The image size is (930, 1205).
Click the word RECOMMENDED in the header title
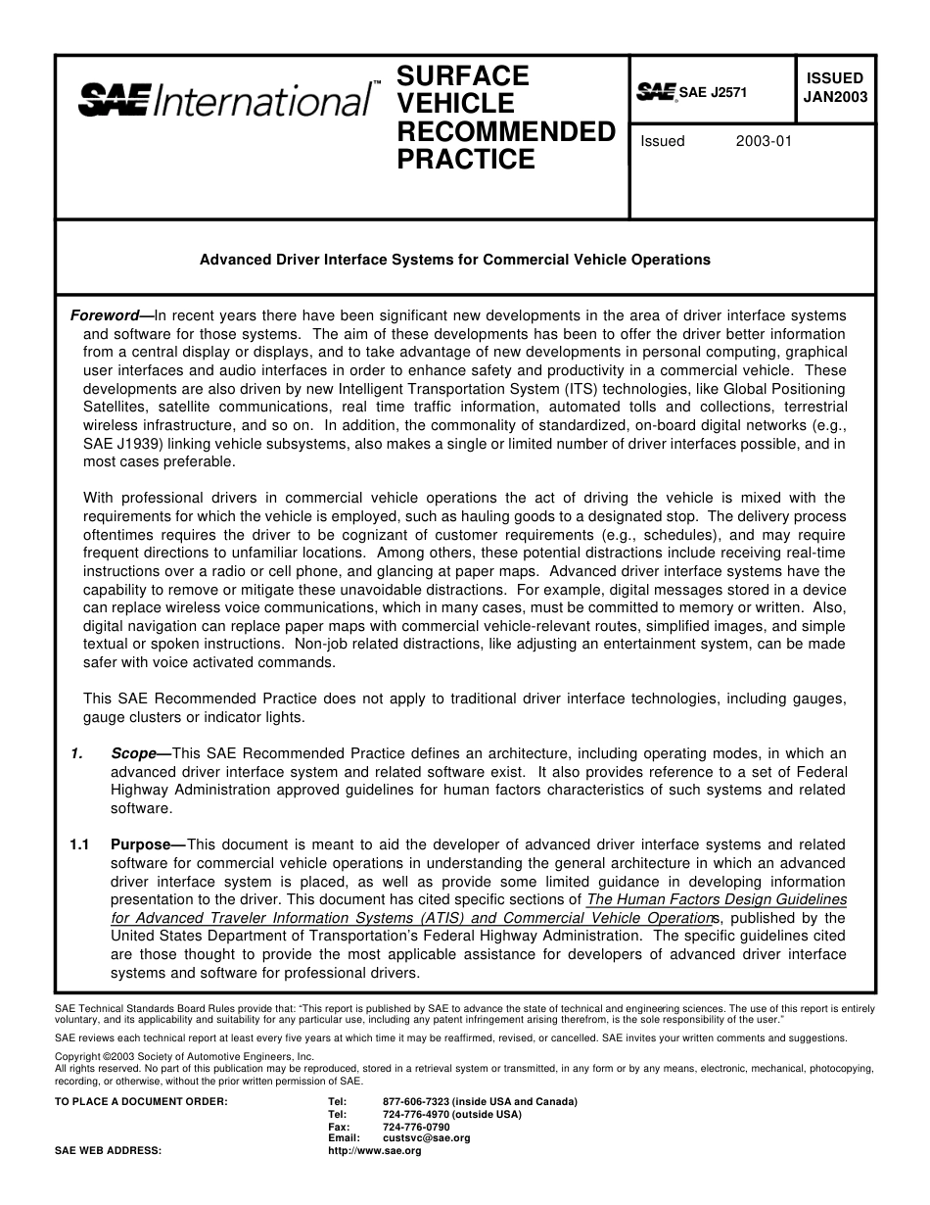pos(505,131)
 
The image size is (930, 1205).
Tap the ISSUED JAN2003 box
pos(834,87)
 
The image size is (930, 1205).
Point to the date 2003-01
pos(764,141)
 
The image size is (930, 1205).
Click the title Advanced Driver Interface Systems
pos(454,261)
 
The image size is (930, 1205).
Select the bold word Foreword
pos(106,315)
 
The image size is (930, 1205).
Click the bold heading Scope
pos(133,753)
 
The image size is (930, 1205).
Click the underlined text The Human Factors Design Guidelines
pos(717,899)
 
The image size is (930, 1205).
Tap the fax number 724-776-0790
pos(417,1127)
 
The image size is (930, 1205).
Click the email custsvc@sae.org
pos(427,1138)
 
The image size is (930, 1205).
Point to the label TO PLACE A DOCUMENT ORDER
pos(141,1101)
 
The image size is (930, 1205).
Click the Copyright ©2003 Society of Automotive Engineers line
pos(184,1057)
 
